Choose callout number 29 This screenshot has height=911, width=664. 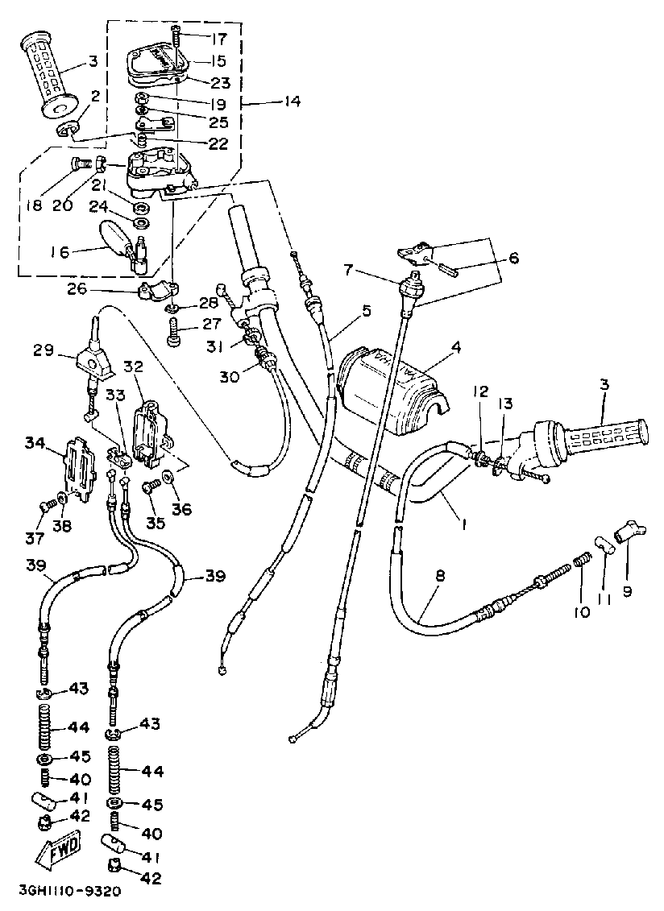(x=44, y=350)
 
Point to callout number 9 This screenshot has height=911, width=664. (x=627, y=590)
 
